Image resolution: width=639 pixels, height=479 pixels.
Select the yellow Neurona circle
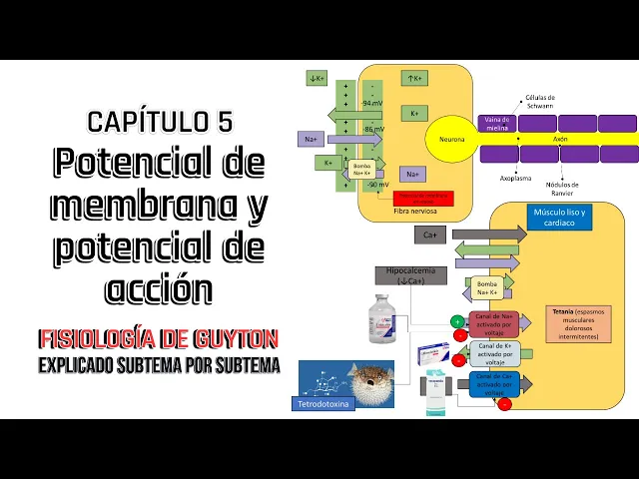(x=451, y=139)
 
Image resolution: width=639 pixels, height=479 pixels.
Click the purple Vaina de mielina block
(x=496, y=123)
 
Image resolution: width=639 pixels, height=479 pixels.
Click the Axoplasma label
(x=516, y=179)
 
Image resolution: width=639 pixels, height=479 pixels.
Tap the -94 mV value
(x=372, y=103)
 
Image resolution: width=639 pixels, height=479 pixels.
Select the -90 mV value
(x=376, y=185)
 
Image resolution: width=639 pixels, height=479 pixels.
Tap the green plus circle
(x=457, y=321)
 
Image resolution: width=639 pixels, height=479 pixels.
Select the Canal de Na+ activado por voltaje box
(x=493, y=324)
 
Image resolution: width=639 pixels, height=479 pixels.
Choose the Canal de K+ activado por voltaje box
(x=493, y=353)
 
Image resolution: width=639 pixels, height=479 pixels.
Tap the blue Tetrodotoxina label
(x=325, y=404)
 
